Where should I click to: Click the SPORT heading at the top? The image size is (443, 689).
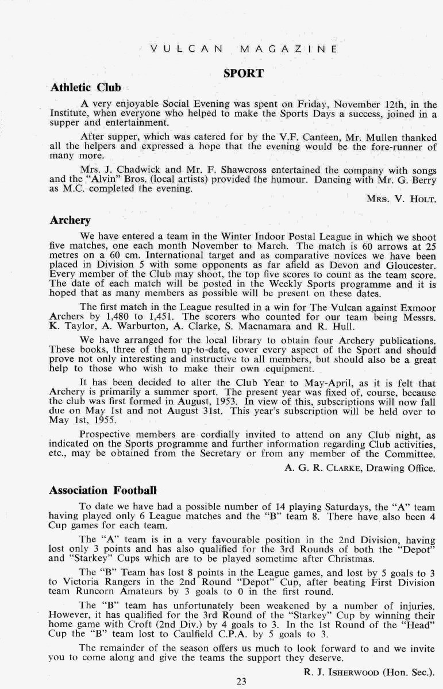coord(244,73)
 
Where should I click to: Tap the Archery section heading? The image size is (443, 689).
coord(70,220)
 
